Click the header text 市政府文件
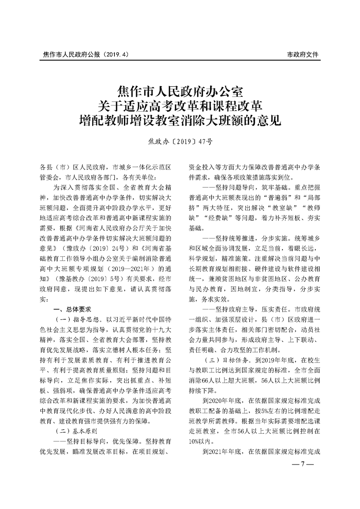point(303,54)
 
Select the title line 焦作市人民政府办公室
point(180,88)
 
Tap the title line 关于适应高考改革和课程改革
point(180,104)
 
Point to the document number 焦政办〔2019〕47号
point(180,141)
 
